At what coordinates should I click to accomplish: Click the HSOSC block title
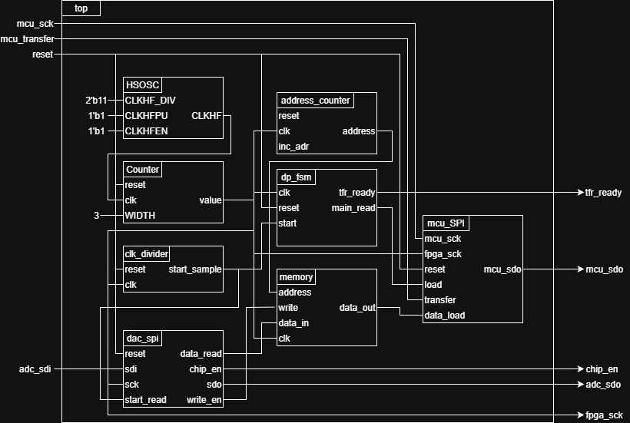click(142, 85)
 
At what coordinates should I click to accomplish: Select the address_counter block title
click(315, 101)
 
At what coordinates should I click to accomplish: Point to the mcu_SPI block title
click(446, 223)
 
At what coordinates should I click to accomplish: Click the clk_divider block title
click(146, 254)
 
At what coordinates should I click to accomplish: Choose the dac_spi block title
click(142, 339)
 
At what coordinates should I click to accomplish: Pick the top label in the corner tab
click(81, 8)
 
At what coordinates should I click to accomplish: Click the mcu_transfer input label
click(27, 39)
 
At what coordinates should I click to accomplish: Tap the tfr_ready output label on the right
click(603, 193)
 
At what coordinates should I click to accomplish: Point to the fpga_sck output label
click(604, 415)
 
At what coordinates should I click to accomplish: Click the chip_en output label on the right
click(602, 369)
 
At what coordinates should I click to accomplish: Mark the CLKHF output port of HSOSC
click(206, 116)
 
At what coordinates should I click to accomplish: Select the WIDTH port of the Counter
click(140, 216)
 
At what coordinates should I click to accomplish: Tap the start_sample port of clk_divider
click(195, 269)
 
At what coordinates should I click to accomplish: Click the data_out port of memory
click(357, 308)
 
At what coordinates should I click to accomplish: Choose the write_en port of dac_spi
click(204, 400)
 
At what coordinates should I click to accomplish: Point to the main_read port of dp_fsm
click(353, 208)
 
